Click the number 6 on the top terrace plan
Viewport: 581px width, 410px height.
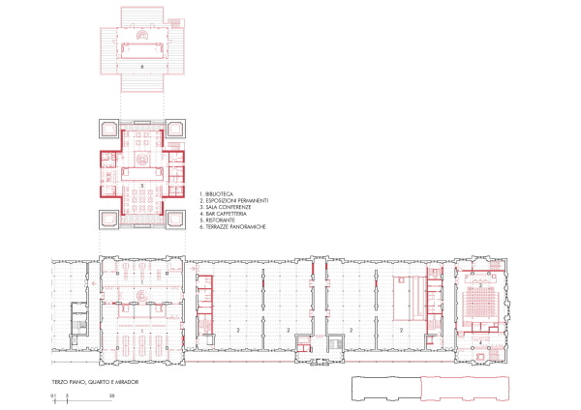click(x=142, y=67)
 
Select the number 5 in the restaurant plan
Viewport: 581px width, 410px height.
click(x=142, y=184)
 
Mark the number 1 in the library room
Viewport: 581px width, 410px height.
click(x=142, y=330)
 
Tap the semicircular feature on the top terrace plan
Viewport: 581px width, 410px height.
click(x=142, y=35)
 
